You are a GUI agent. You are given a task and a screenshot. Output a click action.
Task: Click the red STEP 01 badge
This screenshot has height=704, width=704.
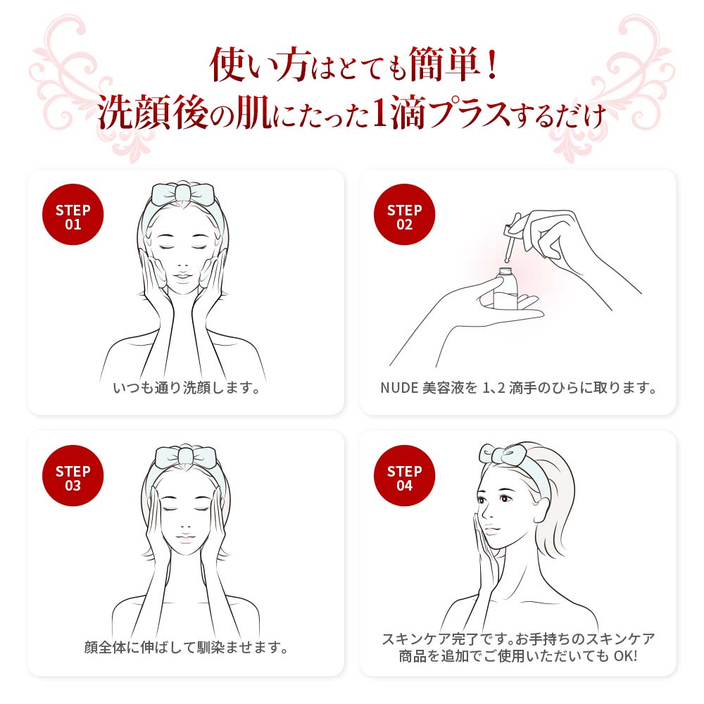73,217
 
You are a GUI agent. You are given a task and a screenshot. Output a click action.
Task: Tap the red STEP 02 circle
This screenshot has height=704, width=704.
404,217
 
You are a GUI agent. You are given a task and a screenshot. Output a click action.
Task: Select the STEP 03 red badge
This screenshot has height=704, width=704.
73,478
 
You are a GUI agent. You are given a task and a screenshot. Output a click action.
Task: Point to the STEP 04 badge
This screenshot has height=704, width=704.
404,478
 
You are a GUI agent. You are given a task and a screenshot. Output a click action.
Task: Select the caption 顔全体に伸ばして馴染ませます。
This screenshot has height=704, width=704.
186,648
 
